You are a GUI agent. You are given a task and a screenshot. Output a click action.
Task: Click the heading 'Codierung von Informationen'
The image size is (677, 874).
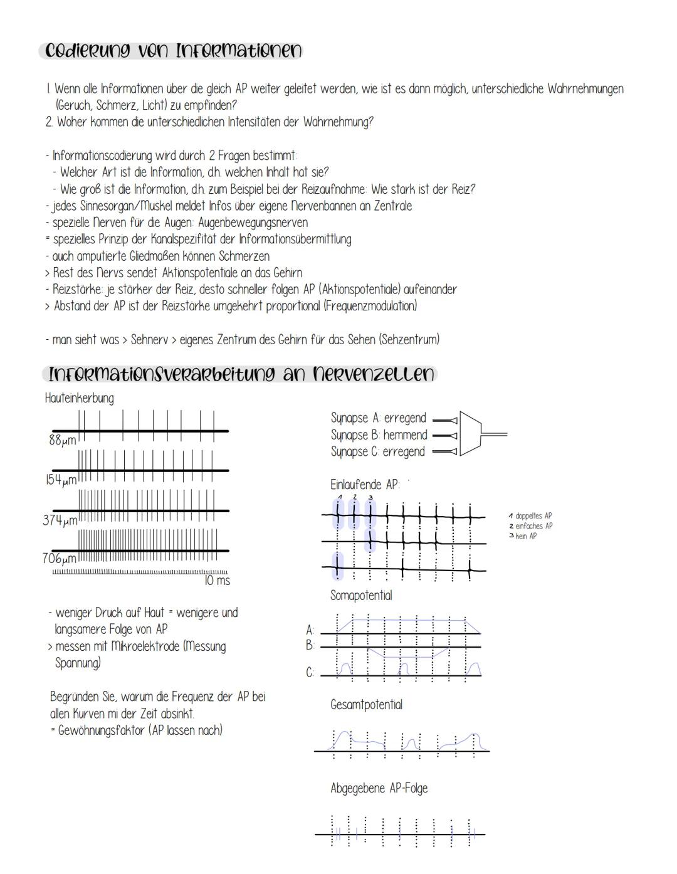point(171,51)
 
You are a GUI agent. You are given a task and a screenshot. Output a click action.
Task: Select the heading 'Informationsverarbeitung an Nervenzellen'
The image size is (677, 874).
point(241,374)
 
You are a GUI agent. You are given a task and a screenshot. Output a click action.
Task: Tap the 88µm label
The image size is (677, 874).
point(62,440)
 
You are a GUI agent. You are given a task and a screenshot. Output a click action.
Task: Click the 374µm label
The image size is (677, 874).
point(60,520)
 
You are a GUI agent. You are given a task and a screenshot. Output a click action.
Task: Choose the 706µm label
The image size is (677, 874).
point(60,558)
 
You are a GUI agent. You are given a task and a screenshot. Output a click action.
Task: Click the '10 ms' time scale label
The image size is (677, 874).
point(217,581)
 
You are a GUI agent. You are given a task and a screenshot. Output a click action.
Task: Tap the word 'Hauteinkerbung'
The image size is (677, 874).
point(79,398)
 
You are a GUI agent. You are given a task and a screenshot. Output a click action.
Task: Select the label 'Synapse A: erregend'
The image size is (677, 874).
point(378,418)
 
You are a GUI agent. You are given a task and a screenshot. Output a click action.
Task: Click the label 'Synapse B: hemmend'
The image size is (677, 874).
point(379,435)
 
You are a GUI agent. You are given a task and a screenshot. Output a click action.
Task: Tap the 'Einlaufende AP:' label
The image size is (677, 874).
point(365,485)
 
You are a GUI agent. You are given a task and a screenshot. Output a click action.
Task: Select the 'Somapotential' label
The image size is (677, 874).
point(361,595)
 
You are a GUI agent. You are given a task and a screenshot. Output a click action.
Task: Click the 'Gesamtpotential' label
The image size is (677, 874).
point(366,705)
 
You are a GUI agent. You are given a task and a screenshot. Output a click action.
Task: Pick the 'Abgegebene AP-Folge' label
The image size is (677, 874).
point(379,788)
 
